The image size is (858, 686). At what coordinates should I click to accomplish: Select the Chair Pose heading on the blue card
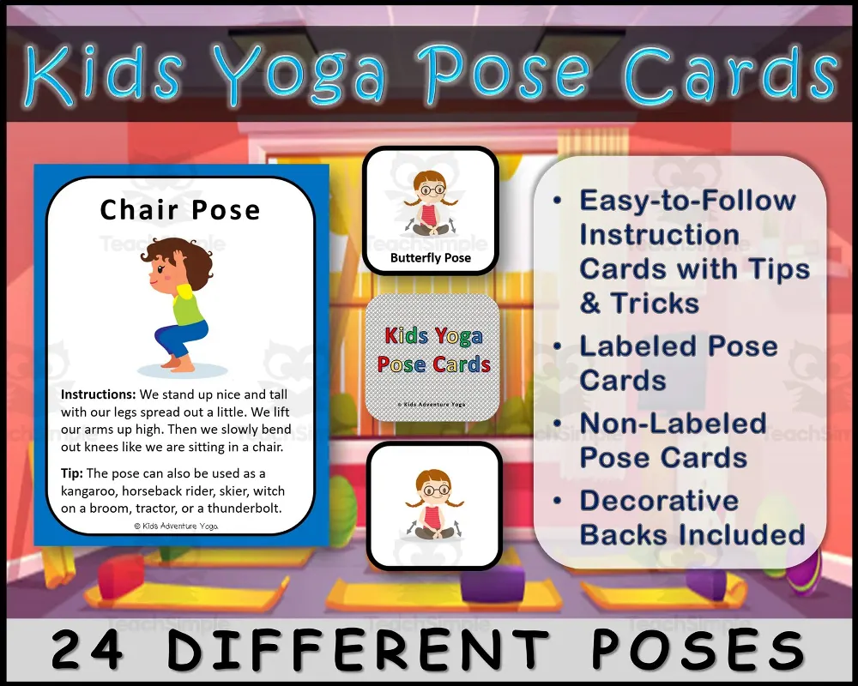tap(180, 210)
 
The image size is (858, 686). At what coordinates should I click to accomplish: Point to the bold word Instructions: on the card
tap(94, 395)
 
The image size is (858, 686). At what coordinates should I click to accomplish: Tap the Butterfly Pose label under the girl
tap(431, 257)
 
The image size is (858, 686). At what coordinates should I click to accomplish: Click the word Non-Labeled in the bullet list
tap(673, 424)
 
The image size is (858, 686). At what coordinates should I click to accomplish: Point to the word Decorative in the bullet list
tap(659, 501)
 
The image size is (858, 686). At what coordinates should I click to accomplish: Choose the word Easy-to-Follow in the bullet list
tap(687, 201)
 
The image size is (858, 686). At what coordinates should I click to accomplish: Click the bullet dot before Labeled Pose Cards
tap(558, 346)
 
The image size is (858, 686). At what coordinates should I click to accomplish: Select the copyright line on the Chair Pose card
tap(176, 526)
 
